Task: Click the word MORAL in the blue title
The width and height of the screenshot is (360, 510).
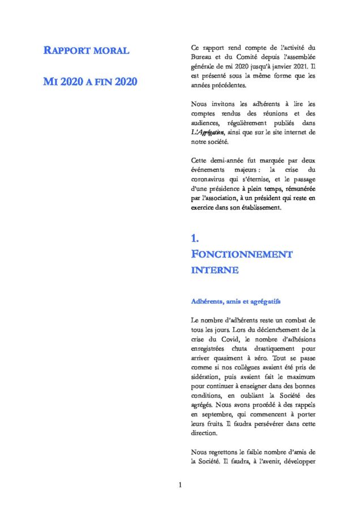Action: pyautogui.click(x=111, y=51)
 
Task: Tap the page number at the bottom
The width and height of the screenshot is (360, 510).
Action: pyautogui.click(x=179, y=485)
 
